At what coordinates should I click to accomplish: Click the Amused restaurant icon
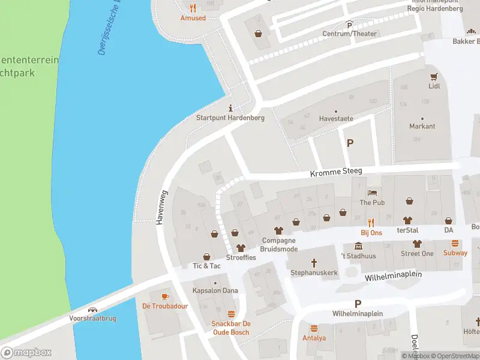pos(193,8)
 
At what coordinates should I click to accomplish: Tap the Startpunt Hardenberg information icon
pos(230,108)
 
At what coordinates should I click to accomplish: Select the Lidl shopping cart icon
pos(434,76)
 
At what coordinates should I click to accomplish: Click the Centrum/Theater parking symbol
pos(349,24)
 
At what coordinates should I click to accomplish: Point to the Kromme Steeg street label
pos(336,172)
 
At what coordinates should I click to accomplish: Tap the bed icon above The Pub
pos(372,193)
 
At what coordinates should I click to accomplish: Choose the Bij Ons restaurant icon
pos(371,223)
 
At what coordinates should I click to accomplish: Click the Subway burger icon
pos(455,244)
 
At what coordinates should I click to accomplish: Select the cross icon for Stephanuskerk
pos(313,263)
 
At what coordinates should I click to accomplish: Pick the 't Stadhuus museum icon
pos(359,247)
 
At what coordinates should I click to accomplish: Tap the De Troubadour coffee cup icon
pos(165,296)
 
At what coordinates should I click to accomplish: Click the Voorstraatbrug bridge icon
pos(92,311)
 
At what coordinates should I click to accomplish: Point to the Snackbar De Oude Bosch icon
pos(231,314)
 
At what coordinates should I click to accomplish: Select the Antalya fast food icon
pos(314,328)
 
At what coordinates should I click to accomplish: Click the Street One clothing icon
pos(417,244)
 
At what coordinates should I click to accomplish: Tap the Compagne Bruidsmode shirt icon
pos(278,230)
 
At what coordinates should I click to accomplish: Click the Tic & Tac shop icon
pos(206,256)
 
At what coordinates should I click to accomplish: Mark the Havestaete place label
pos(336,118)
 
